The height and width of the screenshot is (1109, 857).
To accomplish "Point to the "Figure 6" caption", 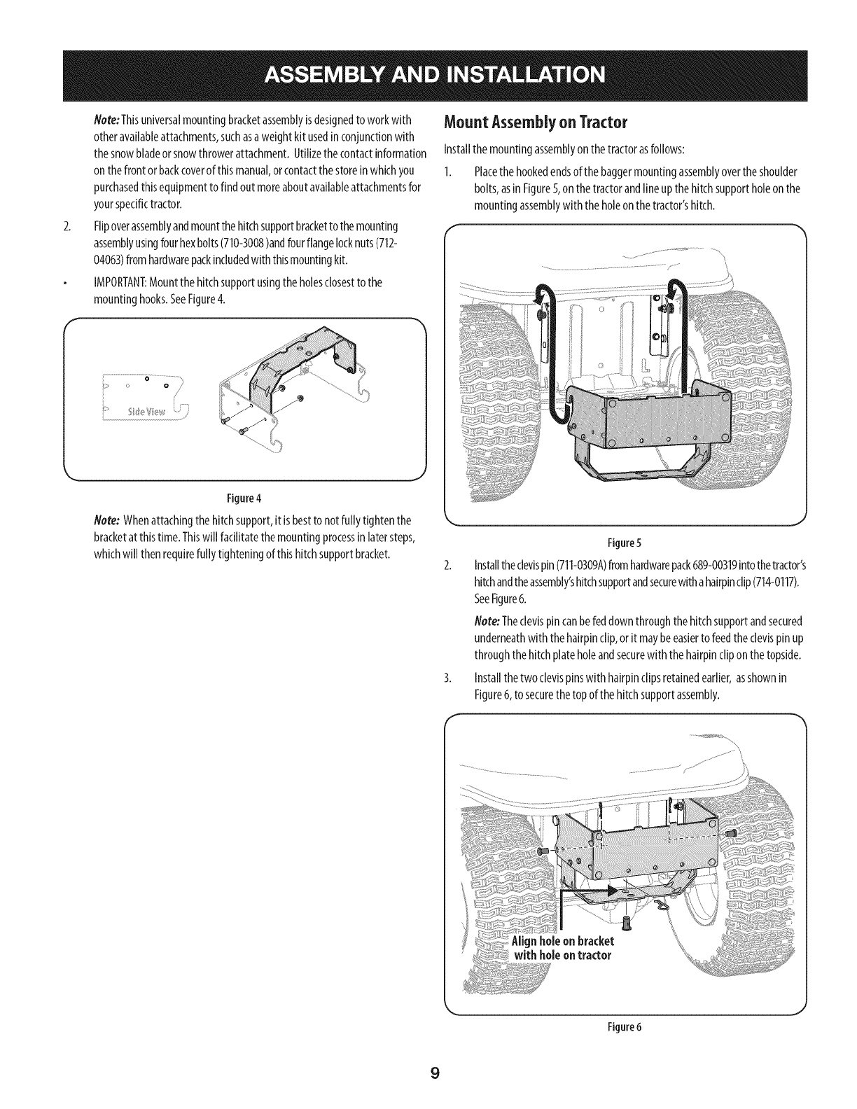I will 625,1028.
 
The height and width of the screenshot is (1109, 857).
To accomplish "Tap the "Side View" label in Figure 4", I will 147,410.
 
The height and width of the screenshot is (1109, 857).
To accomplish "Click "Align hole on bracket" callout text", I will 563,940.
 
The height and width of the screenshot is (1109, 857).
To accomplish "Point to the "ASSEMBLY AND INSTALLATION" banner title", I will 428,73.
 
